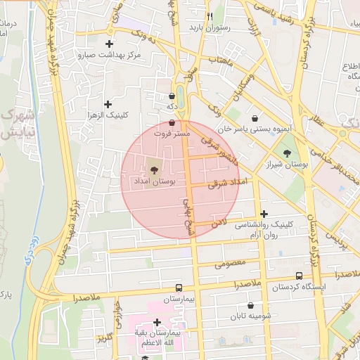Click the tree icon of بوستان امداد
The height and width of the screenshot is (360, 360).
click(x=153, y=169)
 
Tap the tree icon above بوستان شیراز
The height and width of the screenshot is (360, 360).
click(x=287, y=153)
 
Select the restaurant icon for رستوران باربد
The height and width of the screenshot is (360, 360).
click(x=210, y=15)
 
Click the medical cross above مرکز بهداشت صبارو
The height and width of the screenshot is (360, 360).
click(x=109, y=44)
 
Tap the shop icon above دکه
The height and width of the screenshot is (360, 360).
click(x=172, y=96)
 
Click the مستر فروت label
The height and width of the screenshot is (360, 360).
click(x=173, y=133)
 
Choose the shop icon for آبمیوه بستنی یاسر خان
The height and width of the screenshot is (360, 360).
click(x=254, y=118)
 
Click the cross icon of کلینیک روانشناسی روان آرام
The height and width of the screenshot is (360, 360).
click(x=264, y=214)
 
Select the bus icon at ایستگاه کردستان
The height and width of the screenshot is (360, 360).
click(x=300, y=276)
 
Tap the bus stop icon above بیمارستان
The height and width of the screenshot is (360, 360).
click(x=179, y=288)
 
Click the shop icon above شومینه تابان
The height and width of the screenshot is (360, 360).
click(x=264, y=305)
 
